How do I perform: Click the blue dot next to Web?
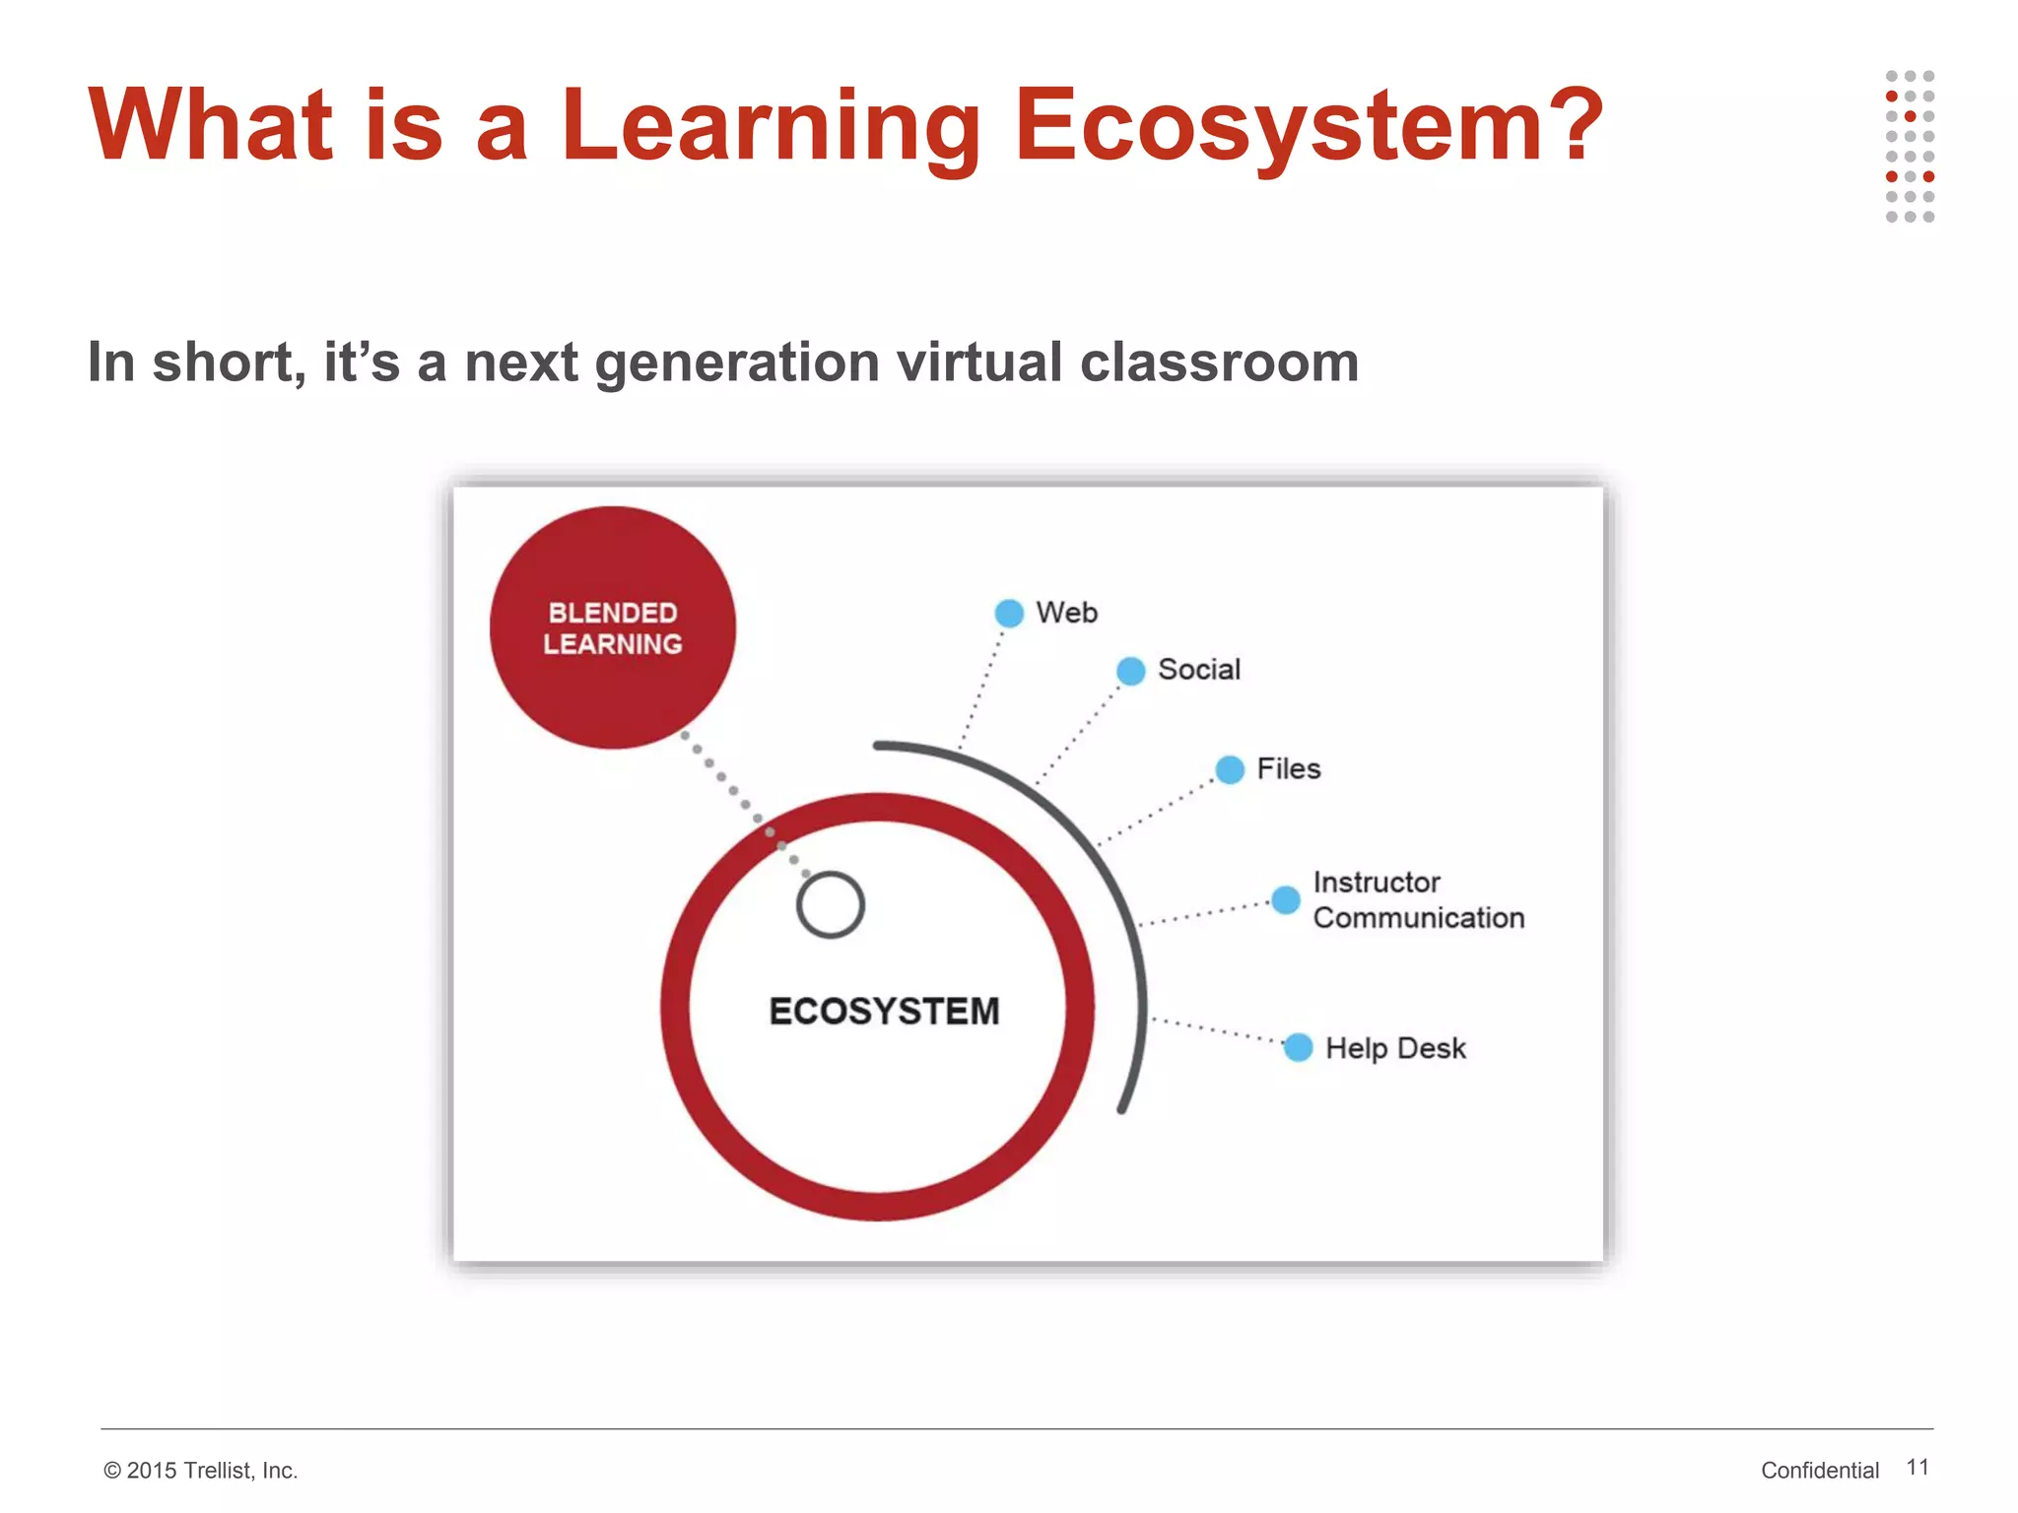(x=1009, y=613)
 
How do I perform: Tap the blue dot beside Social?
(x=1131, y=671)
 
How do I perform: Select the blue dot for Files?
(x=1230, y=769)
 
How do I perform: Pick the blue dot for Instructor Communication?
(x=1286, y=899)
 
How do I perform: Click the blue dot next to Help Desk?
(x=1299, y=1047)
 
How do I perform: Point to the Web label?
(x=1066, y=613)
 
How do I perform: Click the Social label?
(x=1198, y=670)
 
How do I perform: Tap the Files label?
(x=1288, y=768)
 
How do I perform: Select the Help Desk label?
(x=1395, y=1048)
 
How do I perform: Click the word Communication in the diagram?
(x=1418, y=918)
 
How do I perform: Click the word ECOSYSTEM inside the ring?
(x=884, y=1012)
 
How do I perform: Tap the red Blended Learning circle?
(x=613, y=627)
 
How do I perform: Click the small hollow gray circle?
(x=831, y=904)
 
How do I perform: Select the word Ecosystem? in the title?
(x=1309, y=125)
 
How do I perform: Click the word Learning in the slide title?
(x=771, y=125)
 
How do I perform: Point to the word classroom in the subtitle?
(x=1219, y=362)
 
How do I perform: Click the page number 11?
(x=1917, y=1467)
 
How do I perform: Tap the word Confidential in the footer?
(x=1819, y=1470)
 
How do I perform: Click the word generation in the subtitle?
(x=737, y=362)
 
